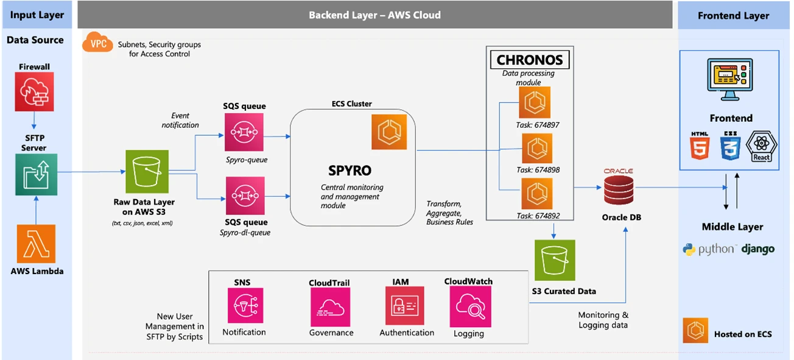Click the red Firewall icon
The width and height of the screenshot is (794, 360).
tap(34, 91)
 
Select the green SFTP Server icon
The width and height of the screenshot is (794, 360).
tap(36, 174)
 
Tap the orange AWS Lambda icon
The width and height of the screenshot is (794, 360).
tap(36, 244)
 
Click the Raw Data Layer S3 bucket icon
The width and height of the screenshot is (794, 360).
tap(147, 171)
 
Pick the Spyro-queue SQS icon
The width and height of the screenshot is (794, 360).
tap(244, 132)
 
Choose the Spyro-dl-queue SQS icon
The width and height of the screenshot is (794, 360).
tap(245, 196)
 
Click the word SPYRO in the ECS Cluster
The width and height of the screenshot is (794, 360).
tap(350, 171)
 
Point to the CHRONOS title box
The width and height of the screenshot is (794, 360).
tap(530, 60)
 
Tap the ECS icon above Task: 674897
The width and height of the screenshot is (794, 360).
tap(535, 102)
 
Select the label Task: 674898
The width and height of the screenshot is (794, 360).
tap(538, 170)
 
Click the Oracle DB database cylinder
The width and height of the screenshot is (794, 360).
tap(619, 190)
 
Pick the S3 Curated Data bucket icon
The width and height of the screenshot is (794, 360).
tap(555, 260)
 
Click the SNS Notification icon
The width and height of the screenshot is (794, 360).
tap(245, 305)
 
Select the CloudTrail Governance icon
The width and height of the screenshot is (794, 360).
tap(331, 307)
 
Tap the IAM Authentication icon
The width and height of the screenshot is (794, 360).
tap(404, 305)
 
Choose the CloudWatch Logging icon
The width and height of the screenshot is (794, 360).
tap(471, 306)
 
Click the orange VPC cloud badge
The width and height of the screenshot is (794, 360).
tap(97, 42)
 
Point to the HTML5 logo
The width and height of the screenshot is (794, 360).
tap(700, 146)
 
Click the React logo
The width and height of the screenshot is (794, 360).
tap(761, 146)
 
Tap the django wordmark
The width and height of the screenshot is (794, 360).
tap(758, 249)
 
